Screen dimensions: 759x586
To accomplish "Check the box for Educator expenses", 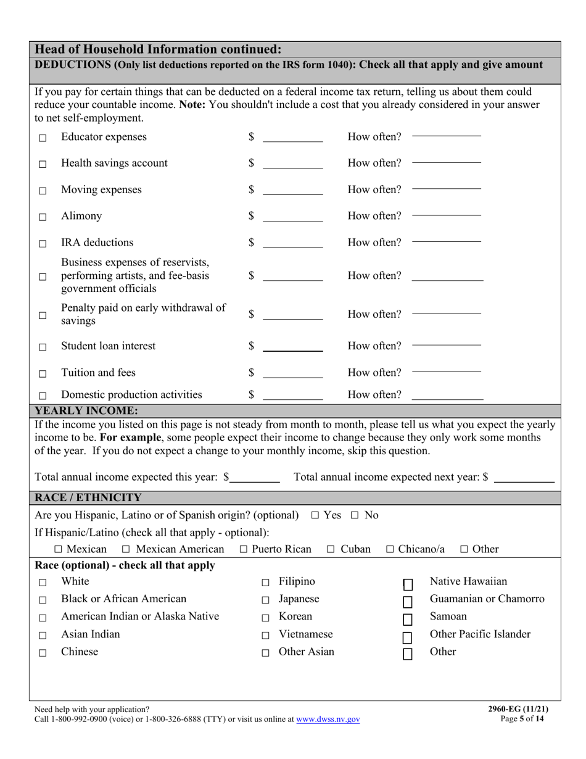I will (x=43, y=138).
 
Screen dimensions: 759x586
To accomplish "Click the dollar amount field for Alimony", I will (x=292, y=217).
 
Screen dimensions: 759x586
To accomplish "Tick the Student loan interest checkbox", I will (x=43, y=347).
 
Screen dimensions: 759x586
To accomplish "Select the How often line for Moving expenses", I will (x=446, y=189).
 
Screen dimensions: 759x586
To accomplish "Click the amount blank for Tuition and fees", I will (x=292, y=374).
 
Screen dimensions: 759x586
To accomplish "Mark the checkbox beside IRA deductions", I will (x=43, y=244).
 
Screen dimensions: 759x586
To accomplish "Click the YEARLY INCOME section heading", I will (x=86, y=410).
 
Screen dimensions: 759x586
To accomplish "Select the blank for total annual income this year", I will (x=255, y=478).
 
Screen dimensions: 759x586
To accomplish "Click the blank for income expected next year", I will (x=524, y=478).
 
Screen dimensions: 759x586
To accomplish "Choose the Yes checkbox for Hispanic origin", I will (x=315, y=515).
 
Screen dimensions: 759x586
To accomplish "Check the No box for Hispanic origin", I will (x=355, y=515).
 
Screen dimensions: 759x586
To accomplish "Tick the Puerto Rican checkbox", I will (x=243, y=549).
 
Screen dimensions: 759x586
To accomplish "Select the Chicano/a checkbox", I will (x=390, y=549).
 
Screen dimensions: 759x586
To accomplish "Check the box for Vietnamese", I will (x=265, y=636).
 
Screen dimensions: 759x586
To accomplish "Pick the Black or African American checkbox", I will (x=43, y=600).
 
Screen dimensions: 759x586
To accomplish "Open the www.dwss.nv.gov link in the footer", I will (x=328, y=720).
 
